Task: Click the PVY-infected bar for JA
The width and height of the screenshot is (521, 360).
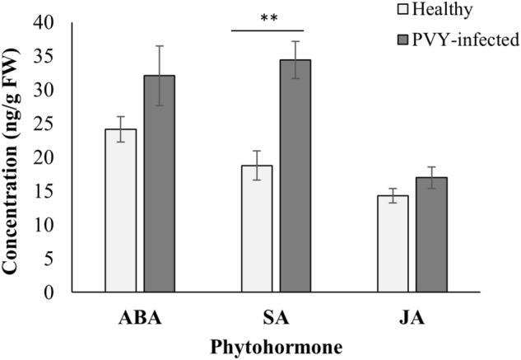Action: tap(431, 234)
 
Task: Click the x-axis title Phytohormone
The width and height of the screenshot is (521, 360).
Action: tap(276, 346)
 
